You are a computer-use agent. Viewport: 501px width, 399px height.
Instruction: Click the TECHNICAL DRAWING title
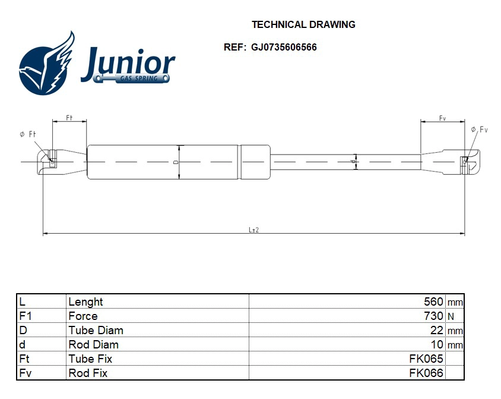coord(303,25)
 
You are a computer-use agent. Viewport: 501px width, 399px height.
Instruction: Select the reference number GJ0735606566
coord(284,48)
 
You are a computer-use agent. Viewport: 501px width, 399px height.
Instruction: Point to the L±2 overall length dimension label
coord(253,230)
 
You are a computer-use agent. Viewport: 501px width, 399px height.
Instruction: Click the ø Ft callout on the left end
coord(27,135)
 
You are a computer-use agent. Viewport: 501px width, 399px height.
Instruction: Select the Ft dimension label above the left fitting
coord(69,118)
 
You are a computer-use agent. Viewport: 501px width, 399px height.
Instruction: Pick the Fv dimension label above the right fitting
coord(443,118)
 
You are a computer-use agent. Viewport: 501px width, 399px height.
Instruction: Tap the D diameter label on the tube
coord(176,162)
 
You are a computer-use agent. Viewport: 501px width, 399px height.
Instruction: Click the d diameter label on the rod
coord(353,162)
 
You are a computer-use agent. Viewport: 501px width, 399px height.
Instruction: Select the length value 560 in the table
coord(433,302)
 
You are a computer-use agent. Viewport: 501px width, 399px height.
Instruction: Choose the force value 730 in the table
coord(433,316)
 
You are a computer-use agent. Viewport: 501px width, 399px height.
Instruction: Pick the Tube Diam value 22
coord(437,331)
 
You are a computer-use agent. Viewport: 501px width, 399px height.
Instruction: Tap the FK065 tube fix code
coord(426,359)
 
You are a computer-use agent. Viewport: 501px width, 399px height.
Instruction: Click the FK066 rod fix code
coord(426,373)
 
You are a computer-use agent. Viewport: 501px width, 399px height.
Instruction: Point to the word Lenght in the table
coord(85,302)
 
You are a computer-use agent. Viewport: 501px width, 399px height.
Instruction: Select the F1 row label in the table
coord(26,316)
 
